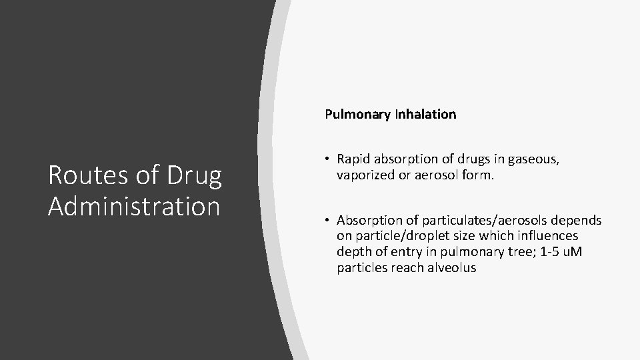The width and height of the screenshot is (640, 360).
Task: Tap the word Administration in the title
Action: [134, 206]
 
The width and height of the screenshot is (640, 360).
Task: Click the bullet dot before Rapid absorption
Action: [329, 159]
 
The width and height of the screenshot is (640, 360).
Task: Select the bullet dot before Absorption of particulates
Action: [329, 221]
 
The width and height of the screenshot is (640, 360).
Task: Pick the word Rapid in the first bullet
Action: [353, 159]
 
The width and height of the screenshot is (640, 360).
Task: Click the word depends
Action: [579, 221]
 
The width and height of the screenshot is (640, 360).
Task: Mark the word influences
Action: [543, 236]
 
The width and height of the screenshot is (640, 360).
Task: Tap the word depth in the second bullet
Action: [353, 252]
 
